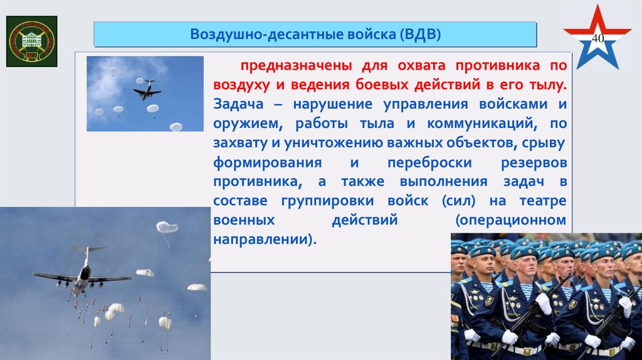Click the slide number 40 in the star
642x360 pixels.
click(597, 39)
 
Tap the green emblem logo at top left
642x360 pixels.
click(31, 41)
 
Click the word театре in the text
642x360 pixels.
click(543, 201)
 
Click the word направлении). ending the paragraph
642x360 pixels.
click(262, 240)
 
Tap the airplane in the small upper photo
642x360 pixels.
click(147, 90)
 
